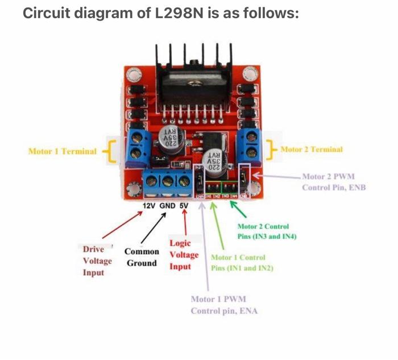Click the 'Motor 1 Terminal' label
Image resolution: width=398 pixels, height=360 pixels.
click(x=62, y=152)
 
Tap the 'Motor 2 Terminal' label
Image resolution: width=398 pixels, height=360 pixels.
click(x=312, y=149)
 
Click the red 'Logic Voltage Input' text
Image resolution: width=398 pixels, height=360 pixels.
click(x=184, y=255)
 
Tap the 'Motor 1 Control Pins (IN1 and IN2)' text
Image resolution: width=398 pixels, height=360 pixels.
click(x=242, y=263)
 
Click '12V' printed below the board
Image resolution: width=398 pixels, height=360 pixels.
click(x=148, y=205)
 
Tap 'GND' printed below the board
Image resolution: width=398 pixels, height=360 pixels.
click(x=167, y=205)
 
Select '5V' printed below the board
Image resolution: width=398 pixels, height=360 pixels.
click(x=184, y=205)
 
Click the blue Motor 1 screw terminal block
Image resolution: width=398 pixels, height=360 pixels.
click(x=137, y=145)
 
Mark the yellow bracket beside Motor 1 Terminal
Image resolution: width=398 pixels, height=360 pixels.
click(x=110, y=152)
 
